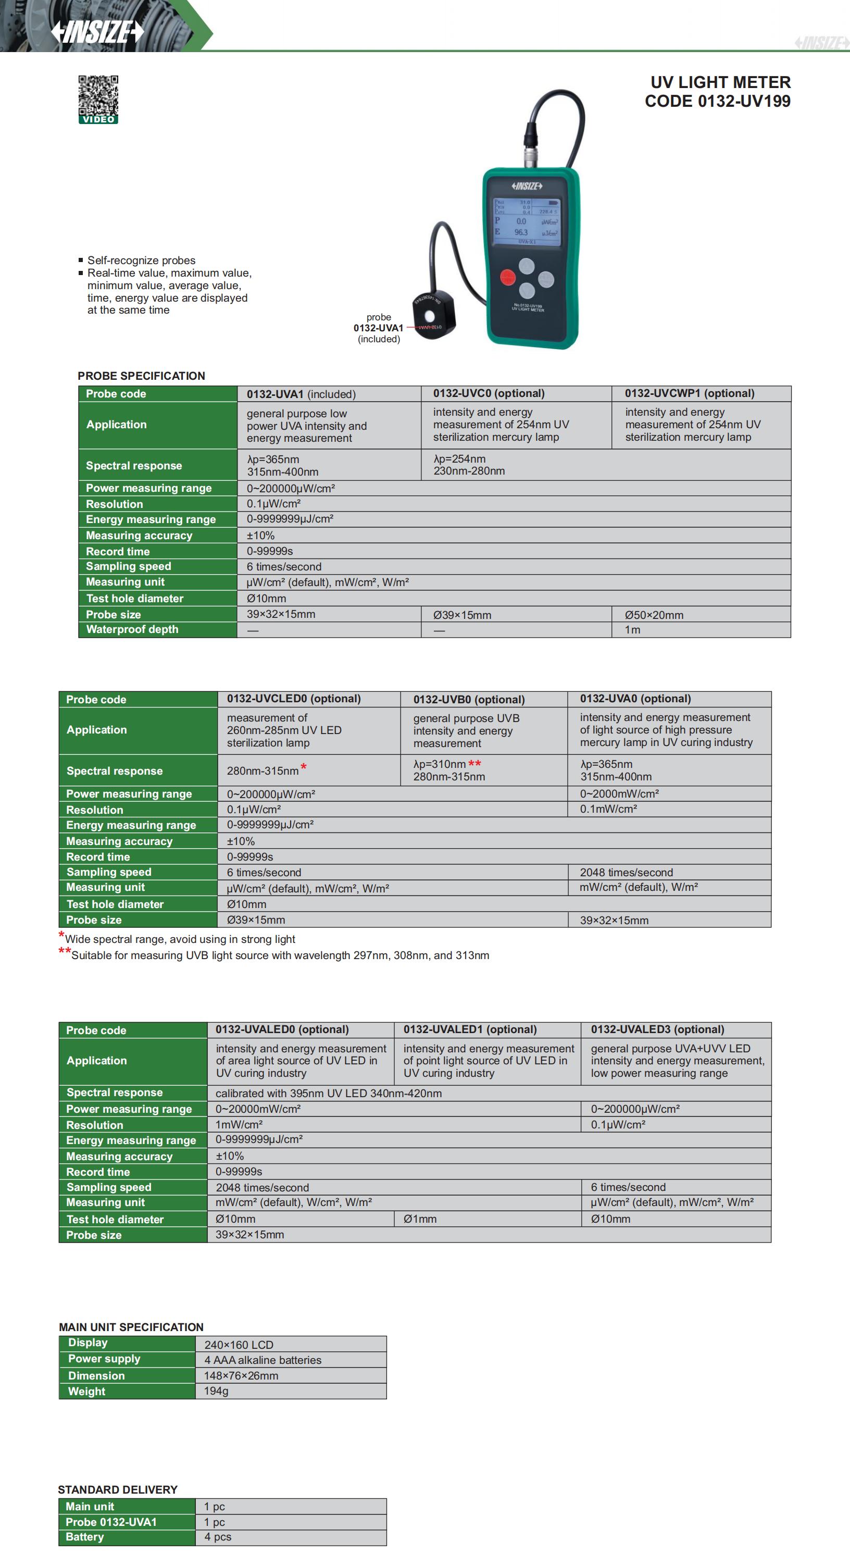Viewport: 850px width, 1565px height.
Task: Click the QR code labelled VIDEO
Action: [98, 99]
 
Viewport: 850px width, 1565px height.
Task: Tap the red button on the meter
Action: [508, 278]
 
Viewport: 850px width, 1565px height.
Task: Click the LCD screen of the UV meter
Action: [526, 222]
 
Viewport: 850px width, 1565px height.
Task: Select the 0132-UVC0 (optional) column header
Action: [489, 394]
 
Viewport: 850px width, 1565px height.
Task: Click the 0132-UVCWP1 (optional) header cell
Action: [689, 394]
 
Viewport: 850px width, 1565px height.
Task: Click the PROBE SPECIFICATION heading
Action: [142, 376]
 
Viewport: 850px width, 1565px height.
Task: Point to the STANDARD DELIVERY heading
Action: [118, 1489]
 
